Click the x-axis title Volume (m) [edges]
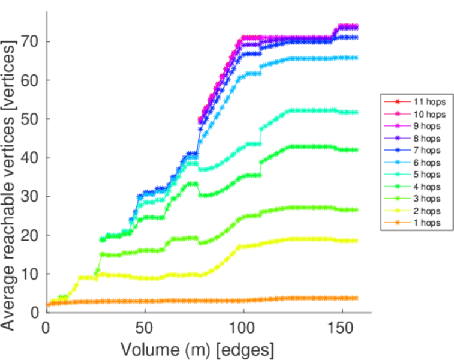point(199,349)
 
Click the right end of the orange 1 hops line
point(357,298)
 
